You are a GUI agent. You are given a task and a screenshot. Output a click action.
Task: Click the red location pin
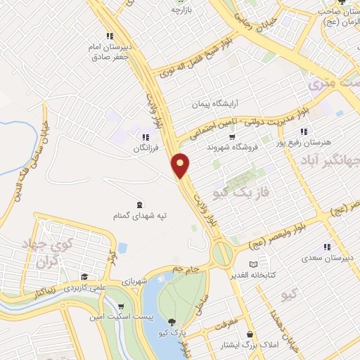pos(181,165)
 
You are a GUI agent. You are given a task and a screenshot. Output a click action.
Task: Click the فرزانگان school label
pos(144,149)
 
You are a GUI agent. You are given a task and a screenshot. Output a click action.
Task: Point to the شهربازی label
pos(153,281)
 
